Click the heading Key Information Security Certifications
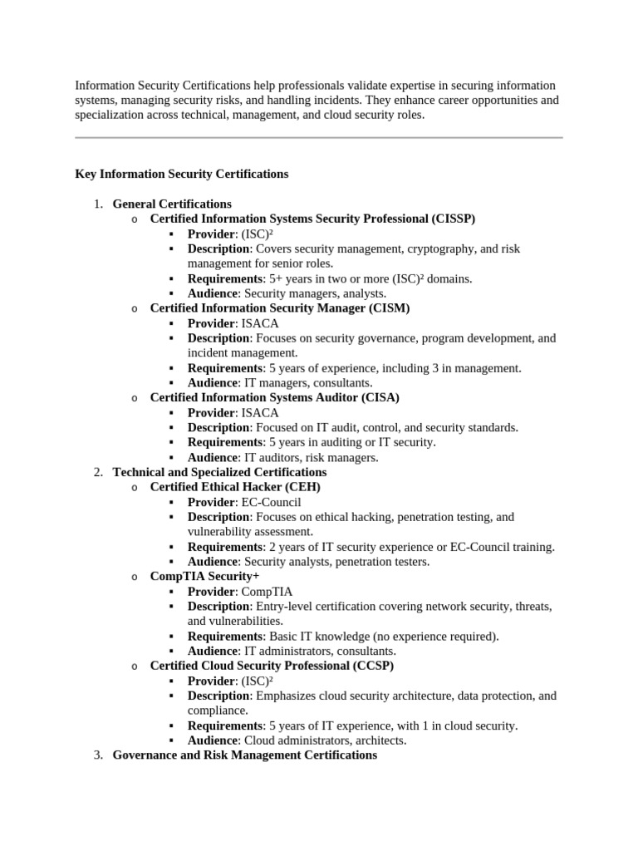[x=182, y=174]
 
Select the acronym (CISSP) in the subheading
[x=453, y=219]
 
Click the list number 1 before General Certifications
[x=96, y=204]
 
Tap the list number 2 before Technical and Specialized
[x=96, y=472]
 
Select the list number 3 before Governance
[x=96, y=755]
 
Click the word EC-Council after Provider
[x=271, y=502]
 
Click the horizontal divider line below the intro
[x=319, y=137]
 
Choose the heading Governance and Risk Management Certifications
[x=244, y=755]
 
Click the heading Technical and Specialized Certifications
[x=219, y=472]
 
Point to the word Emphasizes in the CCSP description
[x=288, y=696]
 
